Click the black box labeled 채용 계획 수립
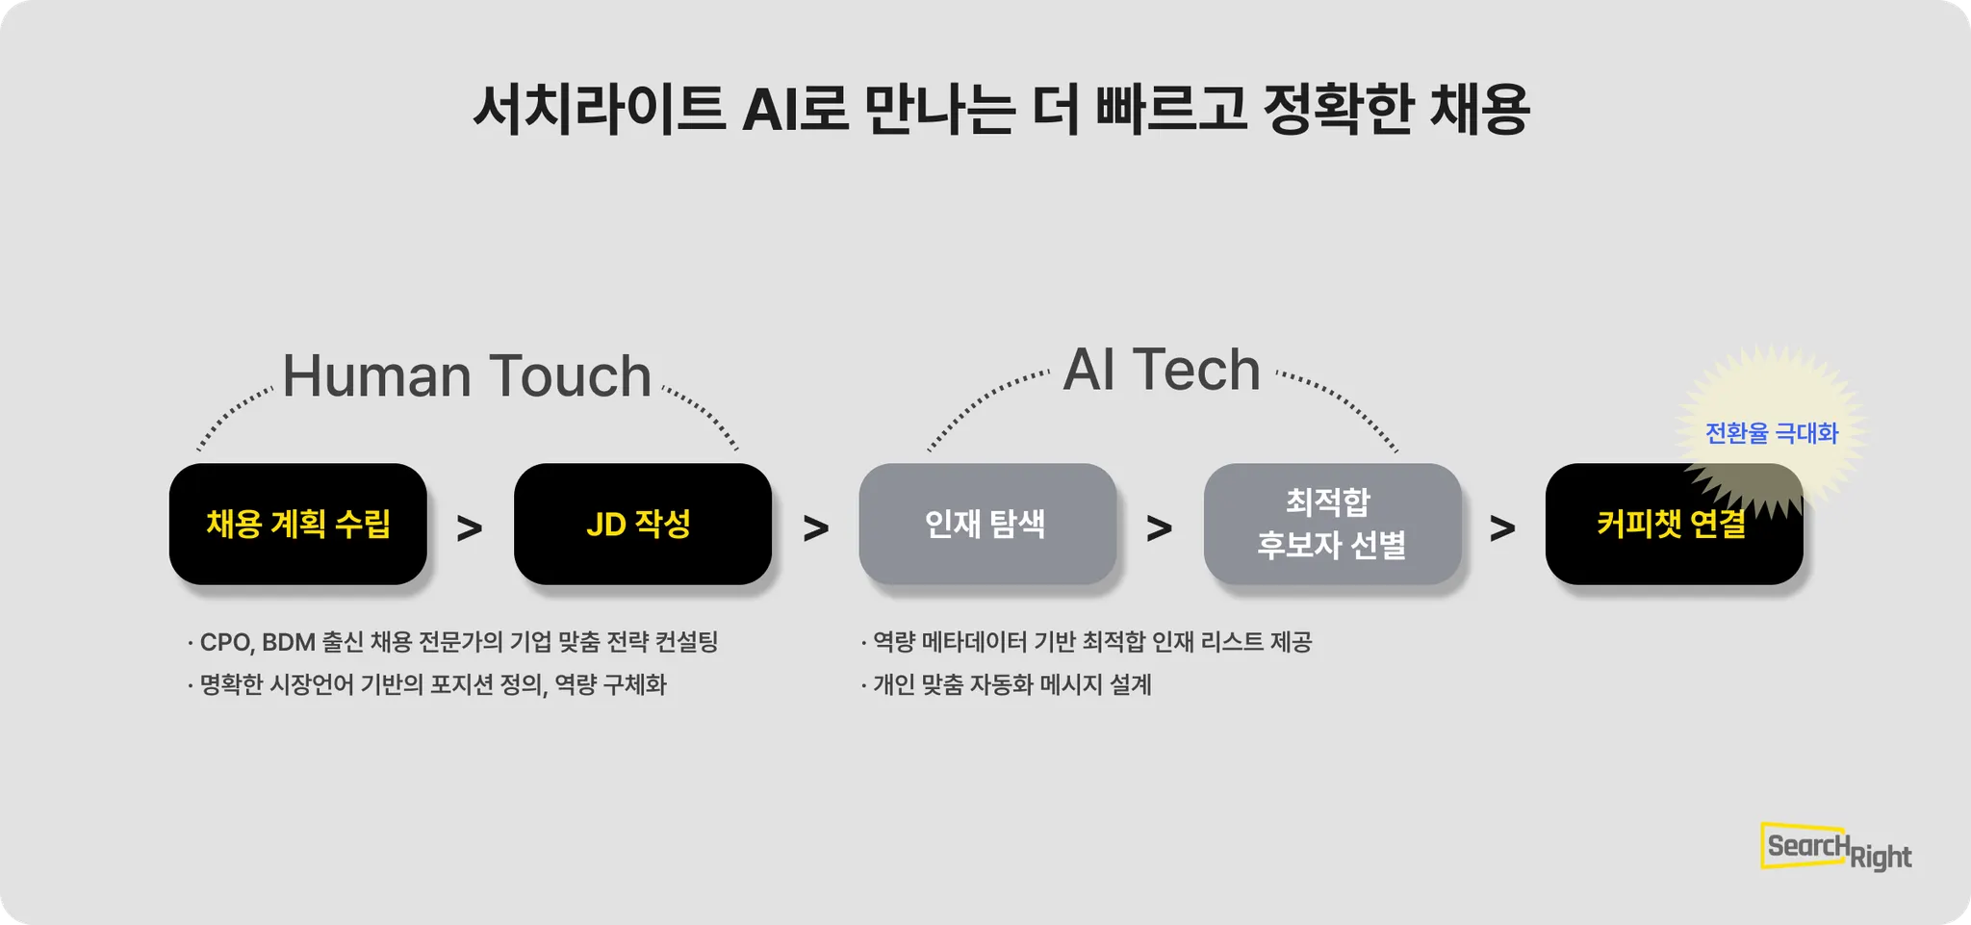pyautogui.click(x=297, y=524)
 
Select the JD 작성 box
pyautogui.click(x=642, y=524)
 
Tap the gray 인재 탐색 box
pyautogui.click(x=986, y=524)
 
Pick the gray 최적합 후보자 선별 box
pyautogui.click(x=1332, y=524)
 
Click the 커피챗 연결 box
pyautogui.click(x=1673, y=526)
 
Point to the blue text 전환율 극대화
pyautogui.click(x=1771, y=433)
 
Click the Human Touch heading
pyautogui.click(x=467, y=375)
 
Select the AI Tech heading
pyautogui.click(x=1162, y=370)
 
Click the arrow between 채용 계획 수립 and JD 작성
pyautogui.click(x=470, y=527)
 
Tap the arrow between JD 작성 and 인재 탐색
pyautogui.click(x=815, y=527)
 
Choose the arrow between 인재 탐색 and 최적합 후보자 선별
pyautogui.click(x=1160, y=527)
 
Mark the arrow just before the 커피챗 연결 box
pyautogui.click(x=1502, y=527)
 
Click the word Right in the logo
pyautogui.click(x=1881, y=857)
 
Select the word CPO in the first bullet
pyautogui.click(x=224, y=642)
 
